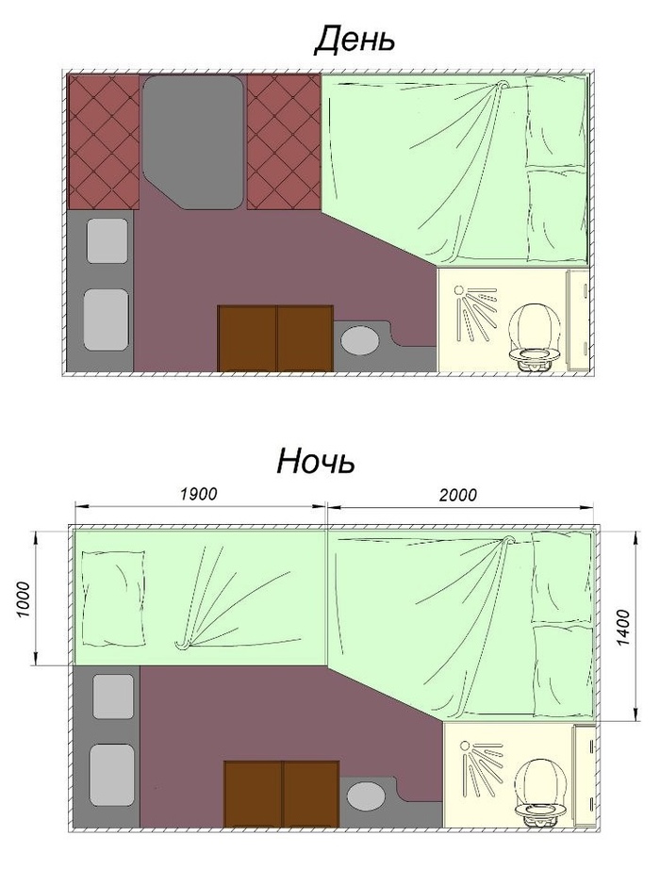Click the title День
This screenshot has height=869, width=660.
355,40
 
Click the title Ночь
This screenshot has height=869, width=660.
316,461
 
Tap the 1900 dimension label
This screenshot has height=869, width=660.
199,493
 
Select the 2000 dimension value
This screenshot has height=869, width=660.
458,494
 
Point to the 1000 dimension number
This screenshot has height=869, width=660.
23,599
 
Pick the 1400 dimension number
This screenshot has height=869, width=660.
623,628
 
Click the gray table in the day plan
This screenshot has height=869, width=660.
192,142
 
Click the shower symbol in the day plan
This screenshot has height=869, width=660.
474,312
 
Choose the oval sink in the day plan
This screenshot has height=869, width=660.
359,340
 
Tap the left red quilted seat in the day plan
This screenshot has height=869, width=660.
103,142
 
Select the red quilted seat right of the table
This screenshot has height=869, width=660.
284,142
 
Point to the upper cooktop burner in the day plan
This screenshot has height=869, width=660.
107,240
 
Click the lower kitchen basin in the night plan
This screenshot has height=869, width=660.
112,775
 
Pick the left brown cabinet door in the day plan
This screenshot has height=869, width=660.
247,338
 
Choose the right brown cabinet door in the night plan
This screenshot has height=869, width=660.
311,794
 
